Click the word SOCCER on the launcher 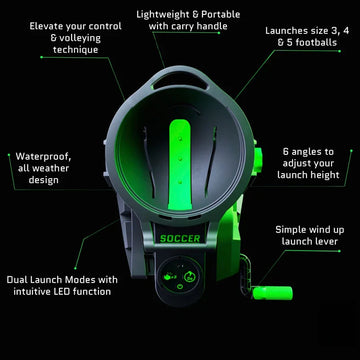(180, 238)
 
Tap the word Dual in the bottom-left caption (22, 279)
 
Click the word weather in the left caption (41, 169)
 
